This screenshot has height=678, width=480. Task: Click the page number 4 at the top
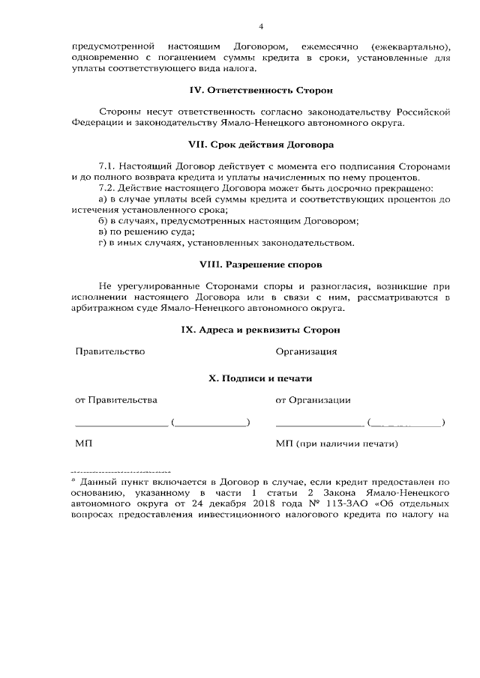(261, 27)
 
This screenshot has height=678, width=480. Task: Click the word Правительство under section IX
(109, 351)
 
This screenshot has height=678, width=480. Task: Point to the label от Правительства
(115, 401)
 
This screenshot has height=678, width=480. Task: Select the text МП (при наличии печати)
(335, 444)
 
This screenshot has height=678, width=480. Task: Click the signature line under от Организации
(319, 426)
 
